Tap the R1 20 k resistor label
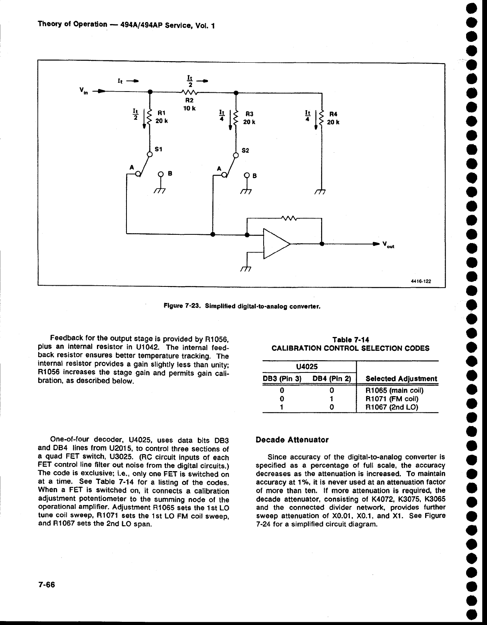click(x=161, y=118)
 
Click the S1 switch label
click(x=158, y=149)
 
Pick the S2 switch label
click(x=245, y=151)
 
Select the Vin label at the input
click(x=84, y=91)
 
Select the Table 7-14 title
click(x=350, y=340)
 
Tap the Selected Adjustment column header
click(x=401, y=379)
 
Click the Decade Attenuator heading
click(x=292, y=439)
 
